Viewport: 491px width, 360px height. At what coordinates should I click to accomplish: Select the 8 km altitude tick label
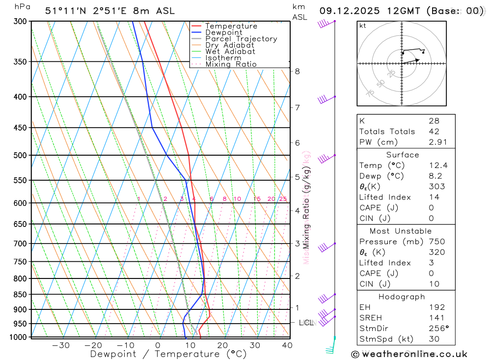[297, 71]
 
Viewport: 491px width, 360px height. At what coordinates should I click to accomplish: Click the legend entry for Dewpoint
[224, 32]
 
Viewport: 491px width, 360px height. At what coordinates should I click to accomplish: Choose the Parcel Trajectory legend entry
[241, 39]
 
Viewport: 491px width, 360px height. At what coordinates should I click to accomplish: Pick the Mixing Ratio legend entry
[231, 64]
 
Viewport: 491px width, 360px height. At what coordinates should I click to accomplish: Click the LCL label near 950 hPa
[306, 323]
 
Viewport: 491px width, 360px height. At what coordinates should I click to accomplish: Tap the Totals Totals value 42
[434, 132]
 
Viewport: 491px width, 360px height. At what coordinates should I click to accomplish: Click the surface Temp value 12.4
[438, 166]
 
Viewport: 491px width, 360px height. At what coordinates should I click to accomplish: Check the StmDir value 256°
[438, 329]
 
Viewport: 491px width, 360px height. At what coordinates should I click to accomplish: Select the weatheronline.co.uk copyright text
[409, 354]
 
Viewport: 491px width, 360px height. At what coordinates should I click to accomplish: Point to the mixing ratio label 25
[283, 199]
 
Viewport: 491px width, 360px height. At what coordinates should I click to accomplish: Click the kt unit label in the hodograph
[362, 26]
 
